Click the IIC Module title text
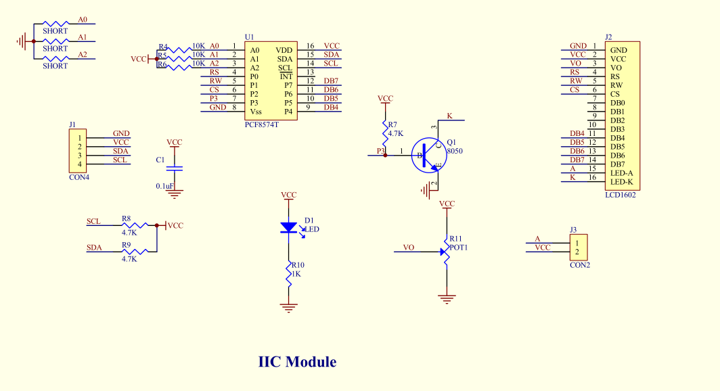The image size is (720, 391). (x=297, y=362)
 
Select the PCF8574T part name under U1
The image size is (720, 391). (x=261, y=125)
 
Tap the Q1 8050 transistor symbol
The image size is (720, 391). (x=426, y=156)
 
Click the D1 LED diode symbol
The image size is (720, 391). (x=289, y=229)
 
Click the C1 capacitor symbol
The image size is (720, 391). (x=175, y=168)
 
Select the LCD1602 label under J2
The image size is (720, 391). (x=620, y=195)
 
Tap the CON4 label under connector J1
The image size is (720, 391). (x=79, y=177)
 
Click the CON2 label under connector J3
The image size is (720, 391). (x=579, y=265)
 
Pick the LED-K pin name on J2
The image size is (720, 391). (x=621, y=182)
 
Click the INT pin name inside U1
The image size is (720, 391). (x=286, y=76)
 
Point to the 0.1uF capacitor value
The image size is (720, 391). (x=164, y=186)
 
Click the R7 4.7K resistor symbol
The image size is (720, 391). (x=385, y=129)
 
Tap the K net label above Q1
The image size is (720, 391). (x=450, y=116)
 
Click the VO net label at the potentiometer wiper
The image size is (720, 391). (x=409, y=248)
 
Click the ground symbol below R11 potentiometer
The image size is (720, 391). (x=447, y=298)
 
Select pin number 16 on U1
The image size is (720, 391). (x=310, y=46)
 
